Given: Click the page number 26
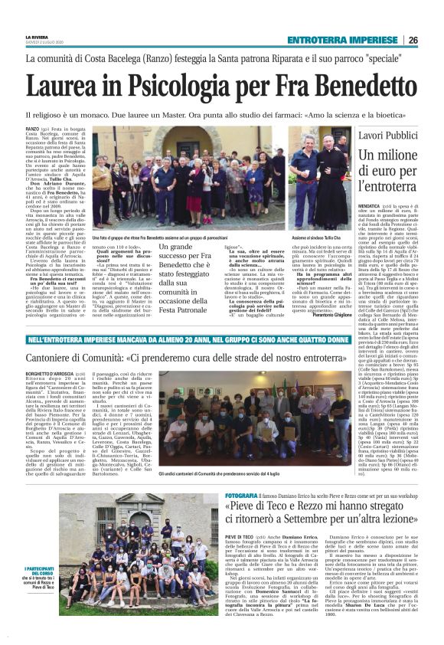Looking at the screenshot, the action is [433, 40].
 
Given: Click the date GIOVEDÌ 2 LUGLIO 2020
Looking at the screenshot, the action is [44, 43].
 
